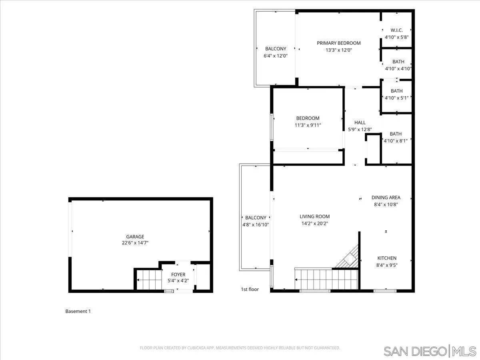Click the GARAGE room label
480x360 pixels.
pyautogui.click(x=135, y=236)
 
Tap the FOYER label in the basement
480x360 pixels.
pyautogui.click(x=178, y=274)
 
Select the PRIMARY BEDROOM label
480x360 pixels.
pyautogui.click(x=338, y=43)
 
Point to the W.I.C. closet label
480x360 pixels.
pyautogui.click(x=396, y=30)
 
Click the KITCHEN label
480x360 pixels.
pyautogui.click(x=387, y=258)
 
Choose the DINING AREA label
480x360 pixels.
pyautogui.click(x=386, y=197)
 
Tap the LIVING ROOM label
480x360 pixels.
pyautogui.click(x=314, y=216)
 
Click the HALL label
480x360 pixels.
pyautogui.click(x=360, y=122)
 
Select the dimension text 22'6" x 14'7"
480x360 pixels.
pyautogui.click(x=135, y=243)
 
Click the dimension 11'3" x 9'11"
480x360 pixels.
pyautogui.click(x=308, y=125)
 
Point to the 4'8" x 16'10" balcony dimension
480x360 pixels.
pyautogui.click(x=256, y=225)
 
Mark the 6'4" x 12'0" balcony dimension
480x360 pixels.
pyautogui.click(x=276, y=56)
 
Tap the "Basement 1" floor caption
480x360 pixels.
pyautogui.click(x=78, y=311)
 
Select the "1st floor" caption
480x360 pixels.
pyautogui.click(x=250, y=289)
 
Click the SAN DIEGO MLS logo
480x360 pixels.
pyautogui.click(x=430, y=351)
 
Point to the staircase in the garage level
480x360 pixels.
pyautogui.click(x=148, y=279)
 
